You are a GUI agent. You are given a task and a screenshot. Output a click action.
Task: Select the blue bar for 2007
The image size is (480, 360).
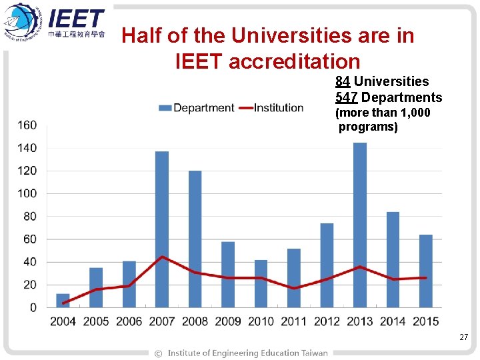coord(162,229)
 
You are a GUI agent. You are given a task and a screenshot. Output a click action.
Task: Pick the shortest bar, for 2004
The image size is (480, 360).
coord(63,301)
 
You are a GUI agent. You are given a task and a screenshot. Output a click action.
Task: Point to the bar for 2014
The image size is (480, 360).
coord(393,259)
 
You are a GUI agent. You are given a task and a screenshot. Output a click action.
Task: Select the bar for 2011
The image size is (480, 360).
coord(294,277)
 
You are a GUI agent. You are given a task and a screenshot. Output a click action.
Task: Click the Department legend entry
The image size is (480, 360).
coord(197,108)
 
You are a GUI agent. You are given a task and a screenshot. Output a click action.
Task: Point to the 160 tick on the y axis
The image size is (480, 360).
coord(27,125)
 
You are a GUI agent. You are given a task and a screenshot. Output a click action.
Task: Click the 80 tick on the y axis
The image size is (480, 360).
coord(30,216)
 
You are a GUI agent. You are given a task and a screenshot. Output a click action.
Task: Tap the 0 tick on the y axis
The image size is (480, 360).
coord(33,308)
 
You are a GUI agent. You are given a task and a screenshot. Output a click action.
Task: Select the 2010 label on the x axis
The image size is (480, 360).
coord(261,322)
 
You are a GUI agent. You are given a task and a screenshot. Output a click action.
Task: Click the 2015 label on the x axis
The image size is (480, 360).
coord(425,322)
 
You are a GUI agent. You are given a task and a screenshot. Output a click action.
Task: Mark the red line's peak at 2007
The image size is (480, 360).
coord(162,257)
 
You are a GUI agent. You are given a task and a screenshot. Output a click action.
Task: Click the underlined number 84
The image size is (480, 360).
coord(343,81)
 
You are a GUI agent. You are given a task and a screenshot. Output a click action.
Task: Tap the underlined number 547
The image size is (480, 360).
coord(346,97)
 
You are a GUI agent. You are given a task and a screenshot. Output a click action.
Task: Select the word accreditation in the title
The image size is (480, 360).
coord(295,61)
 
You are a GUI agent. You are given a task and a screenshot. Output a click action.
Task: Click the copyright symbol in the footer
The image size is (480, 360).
coord(158,353)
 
